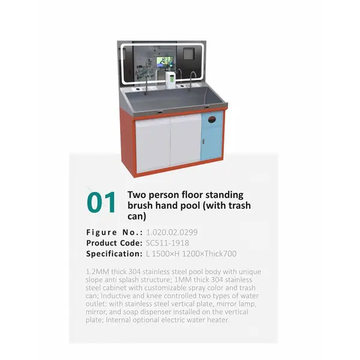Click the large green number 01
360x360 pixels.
[x=101, y=202]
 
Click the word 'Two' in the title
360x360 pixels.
[x=137, y=195]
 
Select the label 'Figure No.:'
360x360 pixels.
[x=115, y=232]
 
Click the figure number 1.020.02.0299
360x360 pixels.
[x=172, y=232]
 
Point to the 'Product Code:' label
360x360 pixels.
[x=114, y=242]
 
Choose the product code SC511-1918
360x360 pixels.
[x=167, y=242]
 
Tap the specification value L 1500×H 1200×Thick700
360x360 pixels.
[x=191, y=254]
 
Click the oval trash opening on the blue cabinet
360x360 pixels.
[x=211, y=119]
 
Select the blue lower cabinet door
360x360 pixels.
[x=211, y=145]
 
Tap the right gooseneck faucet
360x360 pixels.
[x=193, y=78]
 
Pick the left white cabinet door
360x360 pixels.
[x=154, y=142]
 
